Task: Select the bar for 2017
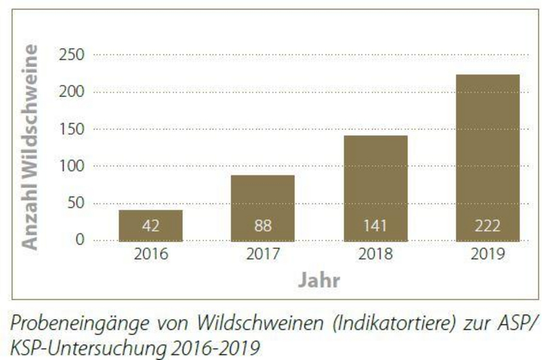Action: click(x=262, y=208)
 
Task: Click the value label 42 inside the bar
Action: click(x=150, y=227)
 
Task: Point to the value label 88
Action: click(x=262, y=227)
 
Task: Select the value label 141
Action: click(x=375, y=227)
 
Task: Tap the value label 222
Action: click(x=487, y=227)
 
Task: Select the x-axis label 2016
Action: click(x=150, y=256)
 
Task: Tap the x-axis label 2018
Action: click(x=375, y=256)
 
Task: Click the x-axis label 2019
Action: click(x=487, y=256)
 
